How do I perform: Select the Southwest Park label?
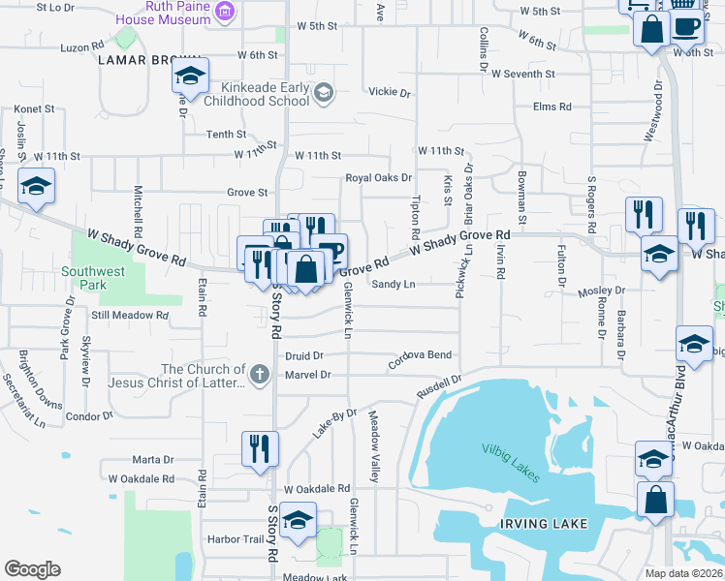tap(93, 278)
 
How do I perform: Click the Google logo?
tap(32, 569)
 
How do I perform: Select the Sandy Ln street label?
tap(394, 285)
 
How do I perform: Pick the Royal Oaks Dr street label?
tap(379, 178)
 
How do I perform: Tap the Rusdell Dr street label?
tap(439, 385)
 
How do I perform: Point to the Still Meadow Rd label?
tap(125, 316)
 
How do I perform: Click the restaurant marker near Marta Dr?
tap(260, 449)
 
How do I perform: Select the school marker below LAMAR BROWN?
tap(190, 76)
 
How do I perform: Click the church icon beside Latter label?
tap(259, 375)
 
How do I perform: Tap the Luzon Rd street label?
tap(81, 46)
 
